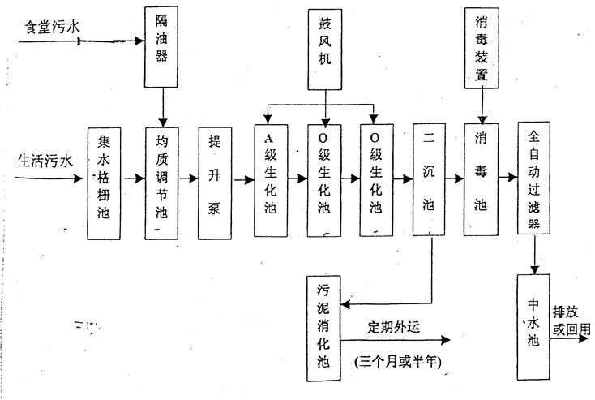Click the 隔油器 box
163,46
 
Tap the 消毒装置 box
482,46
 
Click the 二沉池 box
429,181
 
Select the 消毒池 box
482,181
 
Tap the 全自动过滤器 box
533,181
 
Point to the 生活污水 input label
45,161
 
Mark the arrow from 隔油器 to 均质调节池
163,105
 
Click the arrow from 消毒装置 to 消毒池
482,105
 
